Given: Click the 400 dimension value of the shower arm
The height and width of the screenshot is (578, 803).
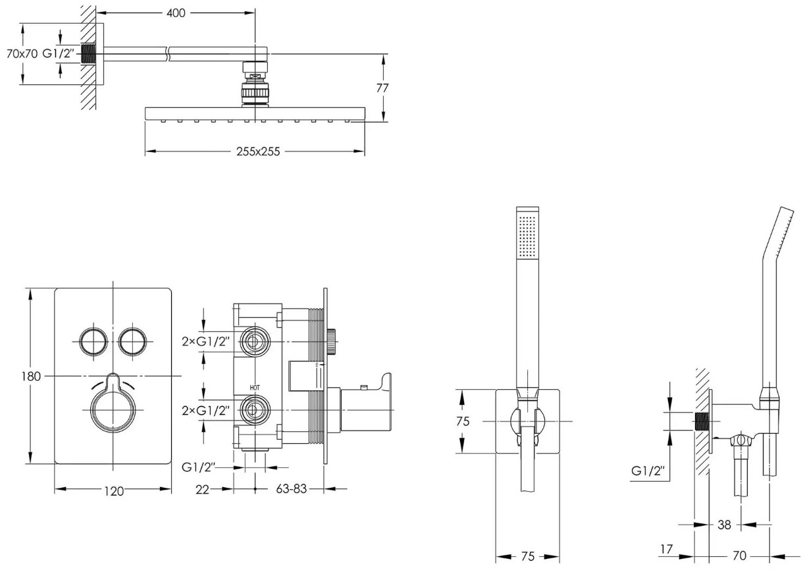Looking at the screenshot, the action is (176, 13).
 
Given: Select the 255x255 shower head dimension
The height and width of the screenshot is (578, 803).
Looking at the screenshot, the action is (258, 151).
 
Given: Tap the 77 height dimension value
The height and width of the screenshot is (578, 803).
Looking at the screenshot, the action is (382, 88).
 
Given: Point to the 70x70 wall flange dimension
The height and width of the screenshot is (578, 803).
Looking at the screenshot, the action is (22, 54).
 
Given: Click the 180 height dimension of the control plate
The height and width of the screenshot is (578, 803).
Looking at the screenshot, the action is (31, 377).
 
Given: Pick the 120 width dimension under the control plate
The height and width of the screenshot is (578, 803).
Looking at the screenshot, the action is (114, 491).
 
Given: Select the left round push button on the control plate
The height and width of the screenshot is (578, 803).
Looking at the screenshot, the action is (93, 342).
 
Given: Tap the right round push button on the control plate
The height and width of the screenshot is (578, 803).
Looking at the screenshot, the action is (133, 342).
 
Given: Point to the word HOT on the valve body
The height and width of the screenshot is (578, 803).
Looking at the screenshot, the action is (255, 388).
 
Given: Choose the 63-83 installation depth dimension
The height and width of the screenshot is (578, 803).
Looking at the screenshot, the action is (292, 488).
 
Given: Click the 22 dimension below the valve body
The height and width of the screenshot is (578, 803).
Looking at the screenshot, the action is (202, 490).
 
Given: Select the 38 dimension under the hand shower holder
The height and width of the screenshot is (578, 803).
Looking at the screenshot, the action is (724, 525).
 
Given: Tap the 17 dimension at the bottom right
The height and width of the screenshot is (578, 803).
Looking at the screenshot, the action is (666, 549).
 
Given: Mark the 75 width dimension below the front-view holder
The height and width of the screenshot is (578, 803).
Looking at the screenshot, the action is (528, 556).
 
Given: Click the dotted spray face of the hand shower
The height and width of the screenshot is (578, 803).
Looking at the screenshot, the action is (527, 236).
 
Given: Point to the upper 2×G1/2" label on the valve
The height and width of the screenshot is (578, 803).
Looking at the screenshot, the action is (205, 342).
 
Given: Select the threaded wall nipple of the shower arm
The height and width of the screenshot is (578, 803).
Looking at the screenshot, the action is (88, 54).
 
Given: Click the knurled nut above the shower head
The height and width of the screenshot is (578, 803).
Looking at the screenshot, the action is (255, 93).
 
